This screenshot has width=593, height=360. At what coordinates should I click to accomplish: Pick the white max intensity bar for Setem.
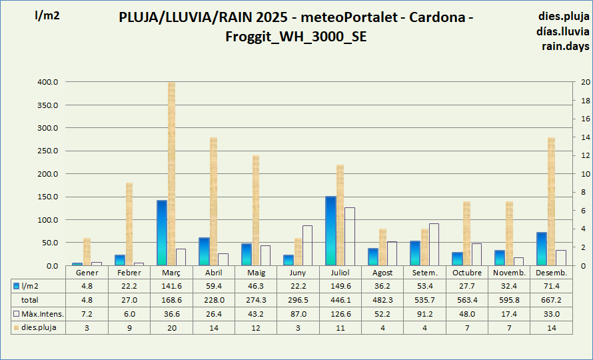434,245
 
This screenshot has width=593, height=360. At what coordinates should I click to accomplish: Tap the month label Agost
383,273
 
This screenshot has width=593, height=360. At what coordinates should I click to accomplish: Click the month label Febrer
129,273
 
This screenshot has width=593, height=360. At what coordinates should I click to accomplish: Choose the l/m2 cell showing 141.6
171,286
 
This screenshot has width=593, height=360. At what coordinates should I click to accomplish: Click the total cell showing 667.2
551,300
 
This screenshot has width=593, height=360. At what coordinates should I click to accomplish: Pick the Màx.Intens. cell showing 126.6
340,314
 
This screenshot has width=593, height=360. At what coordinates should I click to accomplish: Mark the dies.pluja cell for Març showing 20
171,327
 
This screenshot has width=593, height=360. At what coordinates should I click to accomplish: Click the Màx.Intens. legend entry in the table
38,314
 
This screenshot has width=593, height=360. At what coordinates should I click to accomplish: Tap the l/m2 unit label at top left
47,16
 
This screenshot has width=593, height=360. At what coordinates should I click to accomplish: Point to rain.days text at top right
564,46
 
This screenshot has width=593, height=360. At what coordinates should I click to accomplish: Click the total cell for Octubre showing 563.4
467,300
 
